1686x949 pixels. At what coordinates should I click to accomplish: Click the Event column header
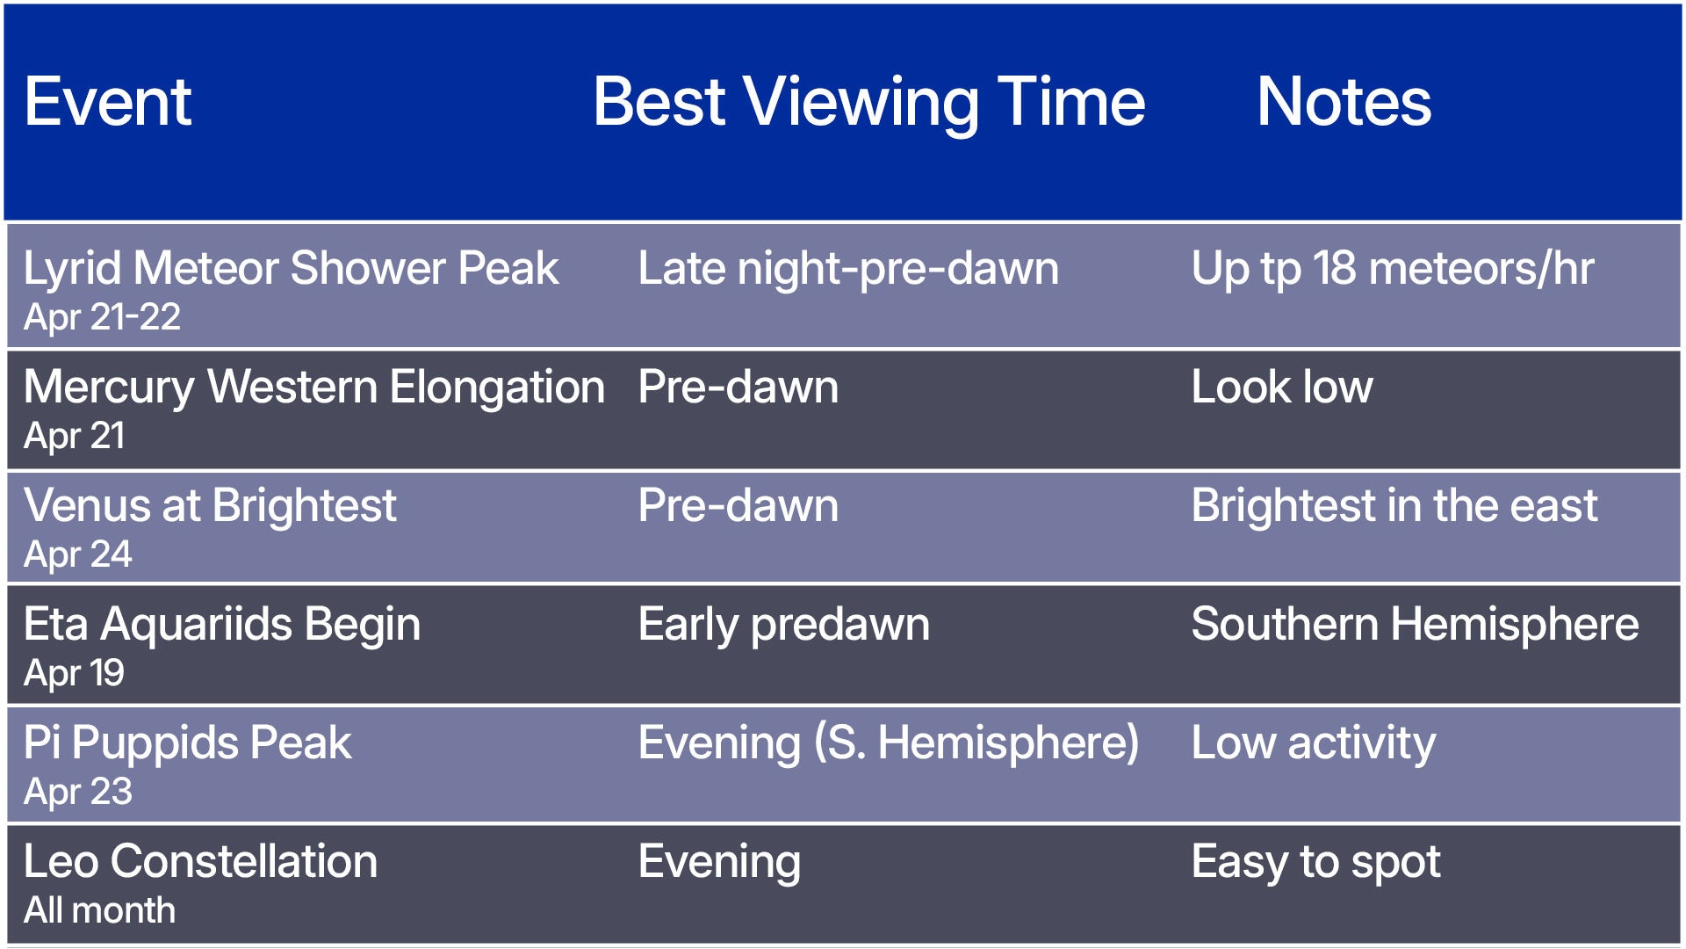107,102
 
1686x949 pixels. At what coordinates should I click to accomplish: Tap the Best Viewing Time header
868,102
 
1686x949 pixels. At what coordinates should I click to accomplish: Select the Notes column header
1344,102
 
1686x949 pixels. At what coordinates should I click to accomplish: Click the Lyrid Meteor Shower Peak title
291,268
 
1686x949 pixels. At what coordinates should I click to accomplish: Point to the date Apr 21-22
102,316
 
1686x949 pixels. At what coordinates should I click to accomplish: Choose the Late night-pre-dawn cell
847,268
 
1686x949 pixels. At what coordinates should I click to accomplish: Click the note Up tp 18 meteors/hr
1392,268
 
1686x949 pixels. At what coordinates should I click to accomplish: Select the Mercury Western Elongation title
313,387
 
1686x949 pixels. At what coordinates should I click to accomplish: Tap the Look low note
1281,387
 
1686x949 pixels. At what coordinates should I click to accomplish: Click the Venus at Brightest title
210,505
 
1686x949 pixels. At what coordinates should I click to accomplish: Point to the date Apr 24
77,554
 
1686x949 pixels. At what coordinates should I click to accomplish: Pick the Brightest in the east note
1394,505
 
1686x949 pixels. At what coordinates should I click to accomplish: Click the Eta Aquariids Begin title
222,624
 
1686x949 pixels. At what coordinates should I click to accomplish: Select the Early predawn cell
783,624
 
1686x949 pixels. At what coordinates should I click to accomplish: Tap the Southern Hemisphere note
1414,624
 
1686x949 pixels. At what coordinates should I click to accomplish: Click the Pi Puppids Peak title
187,743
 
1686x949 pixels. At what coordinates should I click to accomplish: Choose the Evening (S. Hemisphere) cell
888,743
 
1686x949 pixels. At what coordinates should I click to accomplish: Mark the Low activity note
1313,743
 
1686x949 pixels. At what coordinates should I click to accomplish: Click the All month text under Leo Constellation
99,909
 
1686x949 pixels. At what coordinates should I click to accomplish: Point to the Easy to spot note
1315,861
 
